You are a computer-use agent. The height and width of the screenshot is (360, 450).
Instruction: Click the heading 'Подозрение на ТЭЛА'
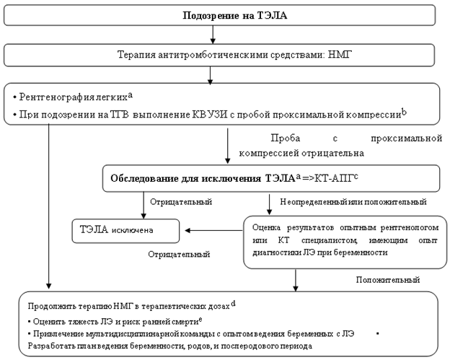(x=226, y=16)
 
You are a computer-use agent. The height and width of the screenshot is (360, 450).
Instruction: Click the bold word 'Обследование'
(x=144, y=177)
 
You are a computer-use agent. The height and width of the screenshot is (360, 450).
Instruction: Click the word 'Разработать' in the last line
(x=51, y=347)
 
